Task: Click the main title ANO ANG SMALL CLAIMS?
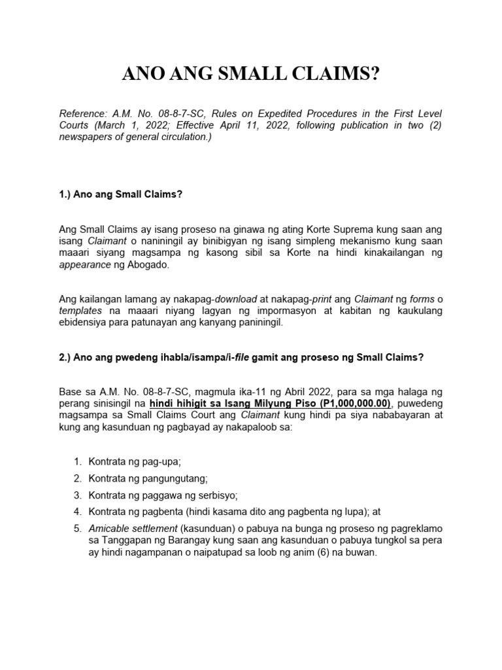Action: pyautogui.click(x=251, y=75)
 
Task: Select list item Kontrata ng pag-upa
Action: pyautogui.click(x=135, y=461)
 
